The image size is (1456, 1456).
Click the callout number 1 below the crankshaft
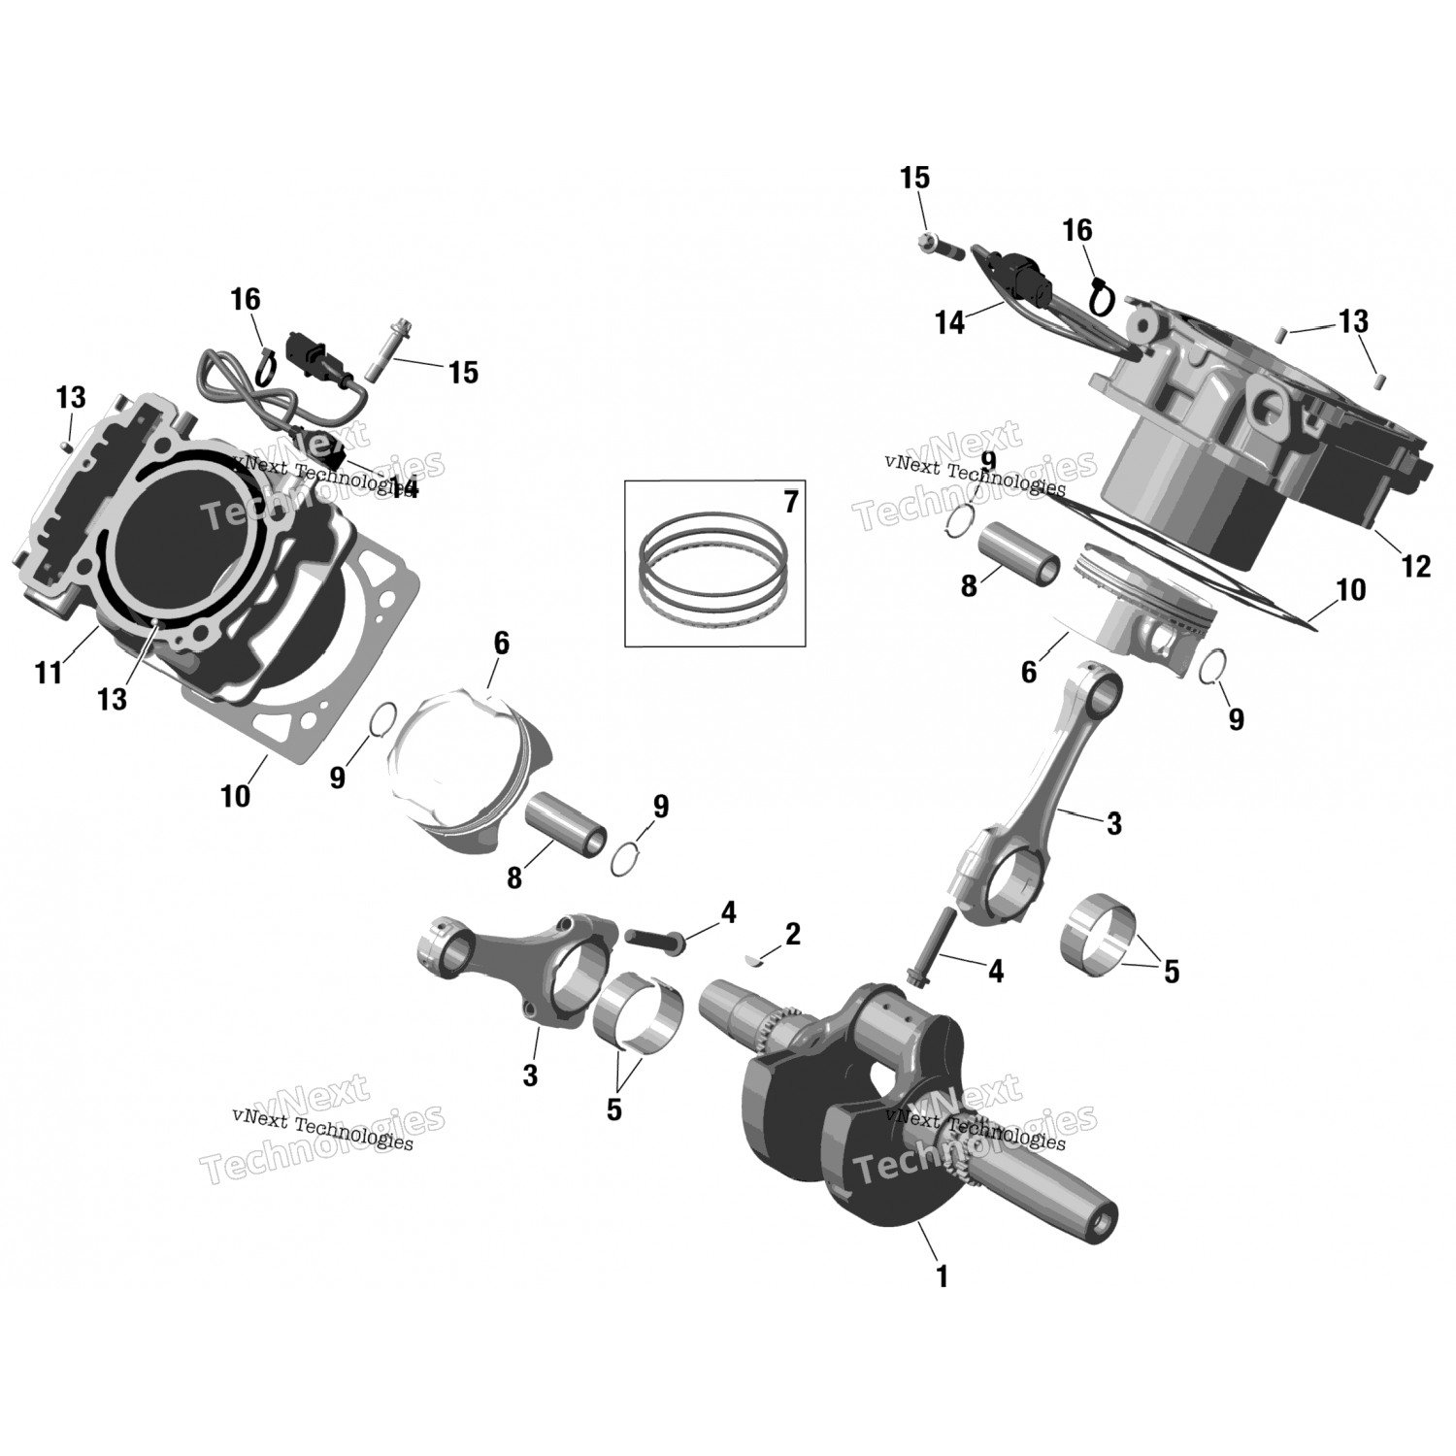(941, 1276)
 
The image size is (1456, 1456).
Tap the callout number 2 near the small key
(792, 935)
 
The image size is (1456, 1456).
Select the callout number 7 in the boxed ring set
(790, 503)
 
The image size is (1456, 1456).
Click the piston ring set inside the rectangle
(711, 567)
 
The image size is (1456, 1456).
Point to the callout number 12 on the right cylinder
(1417, 566)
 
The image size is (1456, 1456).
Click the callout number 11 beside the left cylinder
(49, 672)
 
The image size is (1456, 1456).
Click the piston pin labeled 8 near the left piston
(566, 822)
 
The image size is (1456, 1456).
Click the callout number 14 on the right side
(950, 323)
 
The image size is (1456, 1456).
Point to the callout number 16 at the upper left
(246, 300)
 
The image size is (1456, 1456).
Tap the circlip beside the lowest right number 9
(1212, 668)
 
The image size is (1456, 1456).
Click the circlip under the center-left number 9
(629, 858)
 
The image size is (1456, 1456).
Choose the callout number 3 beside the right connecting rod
(1113, 824)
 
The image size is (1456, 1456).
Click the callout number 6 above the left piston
(501, 644)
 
